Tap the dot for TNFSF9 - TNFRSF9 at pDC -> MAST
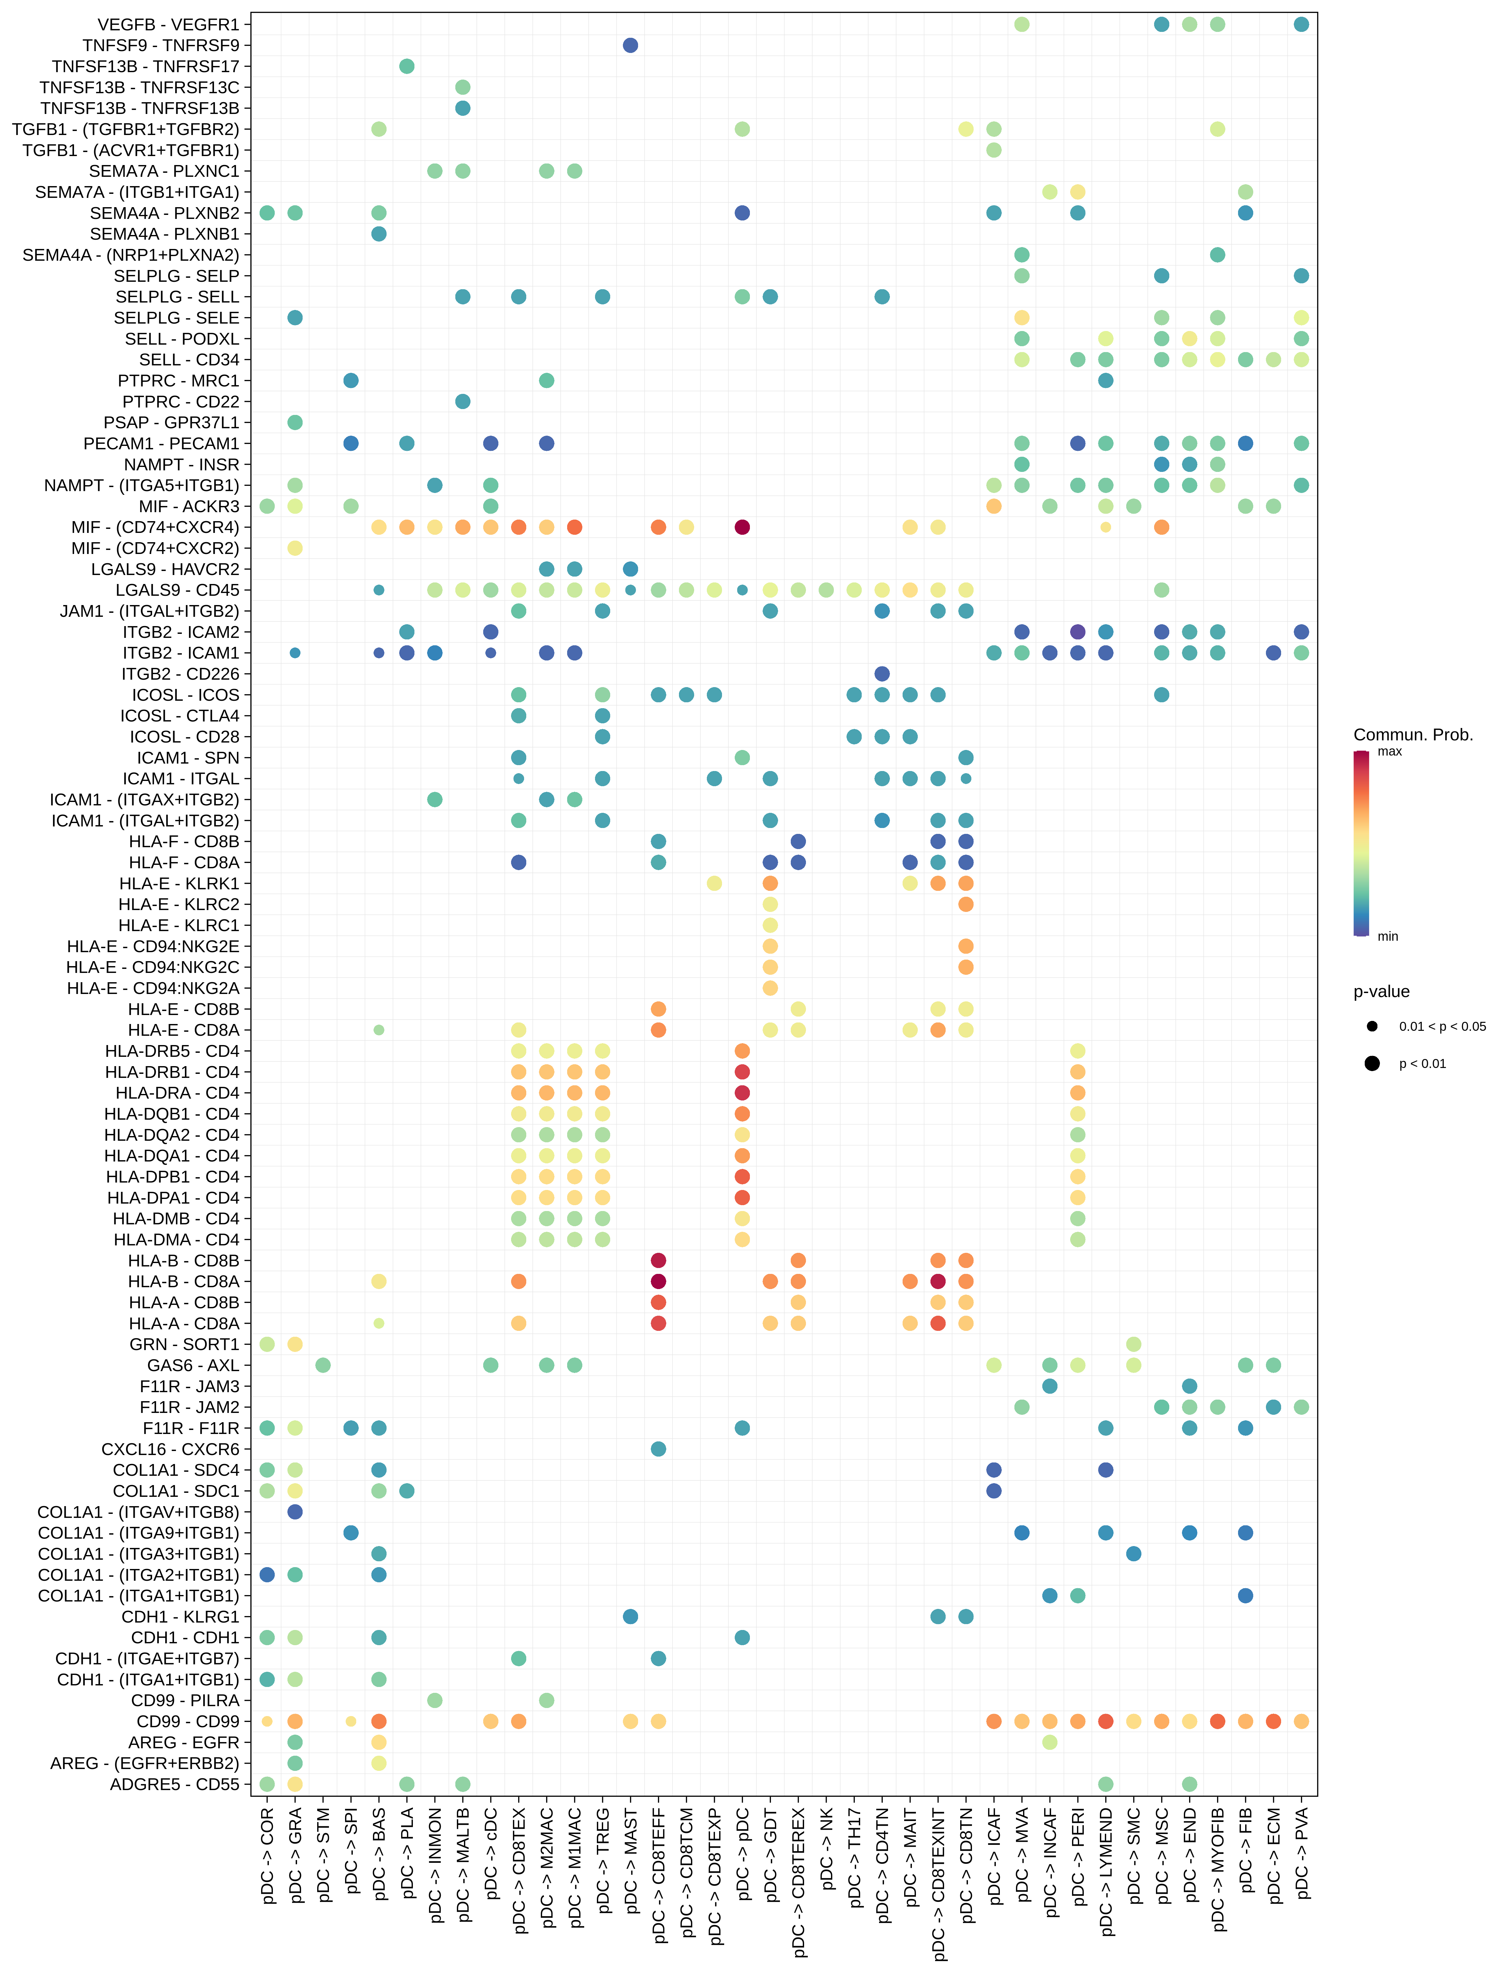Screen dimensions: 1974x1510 pyautogui.click(x=630, y=45)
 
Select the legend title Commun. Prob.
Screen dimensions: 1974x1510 pyautogui.click(x=1413, y=735)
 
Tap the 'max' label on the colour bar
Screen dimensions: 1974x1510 pyautogui.click(x=1390, y=751)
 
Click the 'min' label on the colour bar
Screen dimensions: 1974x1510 pyautogui.click(x=1388, y=936)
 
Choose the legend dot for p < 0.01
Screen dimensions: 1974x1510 pyautogui.click(x=1372, y=1064)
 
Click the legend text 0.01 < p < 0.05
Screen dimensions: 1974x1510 pyautogui.click(x=1442, y=1026)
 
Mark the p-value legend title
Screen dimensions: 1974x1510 pyautogui.click(x=1381, y=992)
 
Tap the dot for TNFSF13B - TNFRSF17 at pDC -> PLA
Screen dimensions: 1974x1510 pyautogui.click(x=406, y=66)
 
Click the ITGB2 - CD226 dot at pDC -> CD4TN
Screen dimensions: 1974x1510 pyautogui.click(x=882, y=674)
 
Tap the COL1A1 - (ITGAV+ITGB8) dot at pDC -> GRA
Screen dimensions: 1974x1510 pyautogui.click(x=295, y=1512)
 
